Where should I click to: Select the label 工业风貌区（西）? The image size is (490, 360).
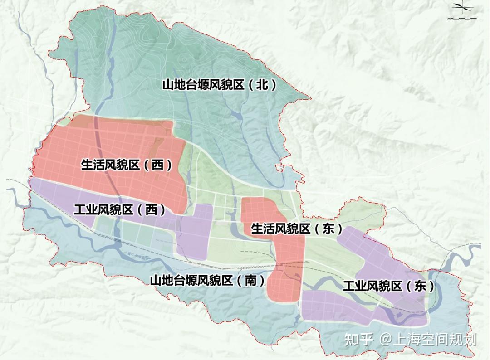pos(120,210)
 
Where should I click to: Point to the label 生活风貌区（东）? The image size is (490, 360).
pos(297,229)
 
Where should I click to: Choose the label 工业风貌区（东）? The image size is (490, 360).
pos(388,286)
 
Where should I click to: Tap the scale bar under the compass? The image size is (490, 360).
pos(462,18)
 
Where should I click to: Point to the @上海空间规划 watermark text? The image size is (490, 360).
pos(429,340)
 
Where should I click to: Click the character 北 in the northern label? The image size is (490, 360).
pos(262,85)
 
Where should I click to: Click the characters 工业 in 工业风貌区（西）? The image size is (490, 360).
pos(85,210)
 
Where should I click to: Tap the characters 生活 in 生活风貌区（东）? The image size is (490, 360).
pos(263,229)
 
